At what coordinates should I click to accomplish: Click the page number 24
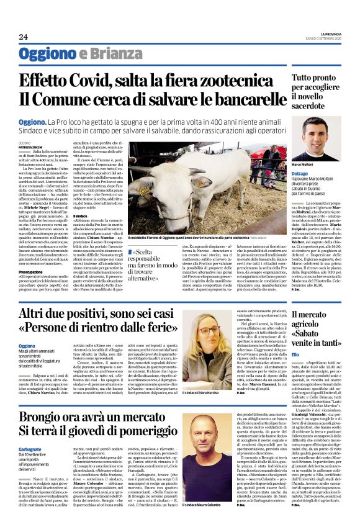24,37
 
